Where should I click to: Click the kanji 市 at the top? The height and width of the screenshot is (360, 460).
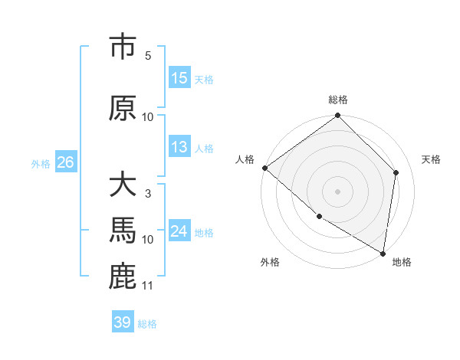tap(123, 47)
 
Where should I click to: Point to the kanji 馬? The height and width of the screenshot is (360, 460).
tap(123, 231)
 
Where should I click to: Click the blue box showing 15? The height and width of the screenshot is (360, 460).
tap(179, 79)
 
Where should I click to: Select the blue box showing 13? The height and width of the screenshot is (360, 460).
tap(179, 148)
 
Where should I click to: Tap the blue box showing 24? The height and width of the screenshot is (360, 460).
tap(179, 231)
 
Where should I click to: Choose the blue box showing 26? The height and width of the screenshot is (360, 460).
tap(65, 162)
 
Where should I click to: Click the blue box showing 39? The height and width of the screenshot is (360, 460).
tap(122, 322)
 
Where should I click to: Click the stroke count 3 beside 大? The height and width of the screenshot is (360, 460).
tap(147, 194)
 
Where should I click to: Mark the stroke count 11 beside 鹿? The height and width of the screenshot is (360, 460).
tap(148, 286)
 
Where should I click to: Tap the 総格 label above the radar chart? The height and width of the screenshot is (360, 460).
tap(338, 100)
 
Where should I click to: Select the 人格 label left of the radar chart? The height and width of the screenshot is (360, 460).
tap(245, 159)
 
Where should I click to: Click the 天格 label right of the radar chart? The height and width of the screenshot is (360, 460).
tap(432, 159)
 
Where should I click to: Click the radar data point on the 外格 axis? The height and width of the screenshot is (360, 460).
tap(319, 217)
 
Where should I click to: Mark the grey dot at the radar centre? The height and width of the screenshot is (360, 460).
tap(337, 191)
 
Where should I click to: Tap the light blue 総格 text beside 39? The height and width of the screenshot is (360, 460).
tap(148, 324)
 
